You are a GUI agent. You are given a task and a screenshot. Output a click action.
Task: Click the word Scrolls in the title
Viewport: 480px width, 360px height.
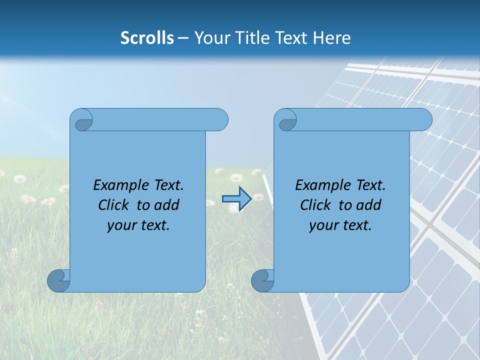(147, 38)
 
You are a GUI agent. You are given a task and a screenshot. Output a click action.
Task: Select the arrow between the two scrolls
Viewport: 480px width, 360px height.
(236, 198)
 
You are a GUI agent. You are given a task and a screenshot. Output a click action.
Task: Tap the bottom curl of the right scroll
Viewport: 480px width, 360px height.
(262, 280)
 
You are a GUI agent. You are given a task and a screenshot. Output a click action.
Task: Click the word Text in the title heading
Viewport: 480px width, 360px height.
(292, 38)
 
